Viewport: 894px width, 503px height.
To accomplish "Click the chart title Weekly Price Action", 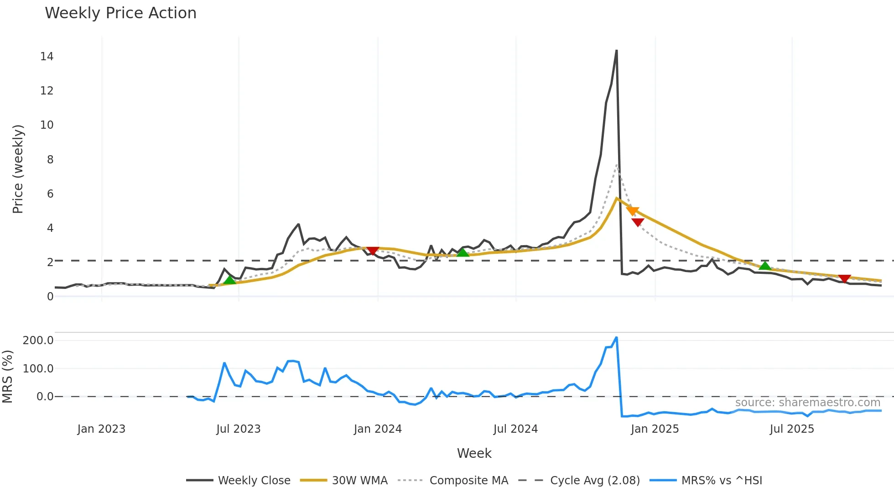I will [x=120, y=13].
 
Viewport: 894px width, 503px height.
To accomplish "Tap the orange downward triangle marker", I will [x=633, y=211].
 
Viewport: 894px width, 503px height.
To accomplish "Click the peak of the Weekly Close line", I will [x=616, y=51].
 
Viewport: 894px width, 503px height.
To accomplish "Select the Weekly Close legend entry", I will [x=238, y=481].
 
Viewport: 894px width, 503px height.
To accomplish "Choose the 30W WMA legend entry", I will [x=344, y=481].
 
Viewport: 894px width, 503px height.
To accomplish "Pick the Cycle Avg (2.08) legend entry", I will [x=579, y=481].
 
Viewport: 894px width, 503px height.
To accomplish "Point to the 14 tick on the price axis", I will [x=47, y=57].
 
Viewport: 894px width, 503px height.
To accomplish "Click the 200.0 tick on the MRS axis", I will [x=38, y=341].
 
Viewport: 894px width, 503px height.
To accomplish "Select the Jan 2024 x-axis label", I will [x=378, y=429].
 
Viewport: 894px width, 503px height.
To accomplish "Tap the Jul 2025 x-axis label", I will [x=792, y=429].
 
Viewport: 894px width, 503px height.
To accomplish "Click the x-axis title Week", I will [x=474, y=453].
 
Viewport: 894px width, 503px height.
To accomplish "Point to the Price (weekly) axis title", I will [x=18, y=169].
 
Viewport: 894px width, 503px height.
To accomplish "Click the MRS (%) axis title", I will [x=8, y=377].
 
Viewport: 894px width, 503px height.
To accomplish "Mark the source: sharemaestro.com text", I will [x=807, y=403].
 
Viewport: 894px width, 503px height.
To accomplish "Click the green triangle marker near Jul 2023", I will [x=230, y=280].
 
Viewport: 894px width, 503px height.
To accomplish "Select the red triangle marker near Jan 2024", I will [x=373, y=251].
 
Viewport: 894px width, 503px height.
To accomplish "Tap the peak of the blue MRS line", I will [x=616, y=338].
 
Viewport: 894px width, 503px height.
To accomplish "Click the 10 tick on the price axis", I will [x=47, y=125].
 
